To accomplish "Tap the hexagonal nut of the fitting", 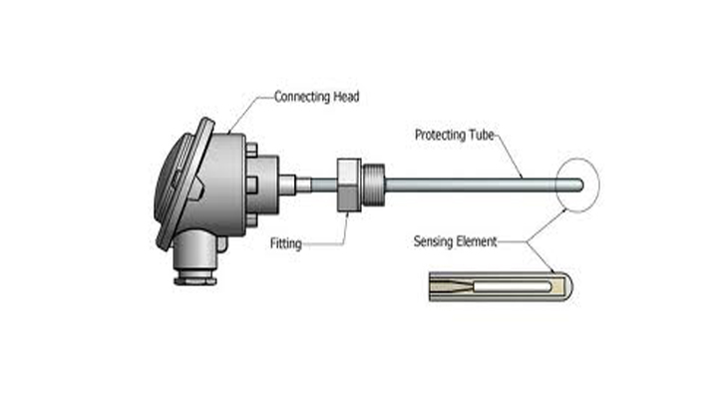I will [348, 184].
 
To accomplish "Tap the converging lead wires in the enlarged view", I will [455, 286].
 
